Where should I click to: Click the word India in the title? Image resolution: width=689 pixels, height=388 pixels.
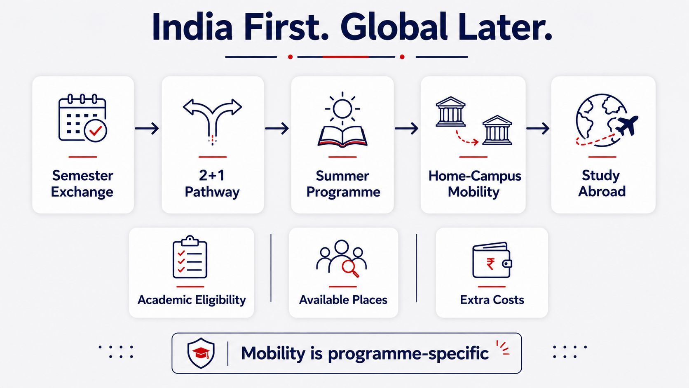pyautogui.click(x=192, y=27)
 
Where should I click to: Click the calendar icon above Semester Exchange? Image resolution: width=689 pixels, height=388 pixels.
pyautogui.click(x=82, y=118)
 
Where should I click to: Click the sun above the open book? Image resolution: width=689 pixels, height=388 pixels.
pyautogui.click(x=342, y=108)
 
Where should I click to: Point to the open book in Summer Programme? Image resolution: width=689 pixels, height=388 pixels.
pyautogui.click(x=342, y=136)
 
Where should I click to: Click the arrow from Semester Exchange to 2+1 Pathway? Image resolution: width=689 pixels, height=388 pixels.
pyautogui.click(x=147, y=128)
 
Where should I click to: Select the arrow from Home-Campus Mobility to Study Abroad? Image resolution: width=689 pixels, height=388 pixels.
pyautogui.click(x=538, y=128)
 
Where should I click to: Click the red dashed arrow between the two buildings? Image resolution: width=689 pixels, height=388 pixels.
pyautogui.click(x=466, y=139)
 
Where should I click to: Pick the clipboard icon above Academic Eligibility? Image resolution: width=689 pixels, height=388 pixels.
pyautogui.click(x=190, y=257)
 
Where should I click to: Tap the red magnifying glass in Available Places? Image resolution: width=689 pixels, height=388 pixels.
pyautogui.click(x=350, y=268)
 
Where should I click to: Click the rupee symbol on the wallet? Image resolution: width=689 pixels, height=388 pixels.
pyautogui.click(x=490, y=264)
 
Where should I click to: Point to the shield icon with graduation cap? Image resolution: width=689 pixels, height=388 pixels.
pyautogui.click(x=201, y=353)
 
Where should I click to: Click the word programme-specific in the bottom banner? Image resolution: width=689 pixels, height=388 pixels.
pyautogui.click(x=408, y=353)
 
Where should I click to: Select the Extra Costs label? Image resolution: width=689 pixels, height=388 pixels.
pyautogui.click(x=492, y=300)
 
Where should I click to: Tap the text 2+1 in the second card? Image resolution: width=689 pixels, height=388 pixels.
pyautogui.click(x=212, y=175)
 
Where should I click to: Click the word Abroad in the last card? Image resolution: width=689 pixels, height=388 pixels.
pyautogui.click(x=602, y=191)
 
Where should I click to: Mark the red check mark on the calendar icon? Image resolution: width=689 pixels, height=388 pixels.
pyautogui.click(x=96, y=131)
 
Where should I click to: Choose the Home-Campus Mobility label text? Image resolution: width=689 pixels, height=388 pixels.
pyautogui.click(x=474, y=184)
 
